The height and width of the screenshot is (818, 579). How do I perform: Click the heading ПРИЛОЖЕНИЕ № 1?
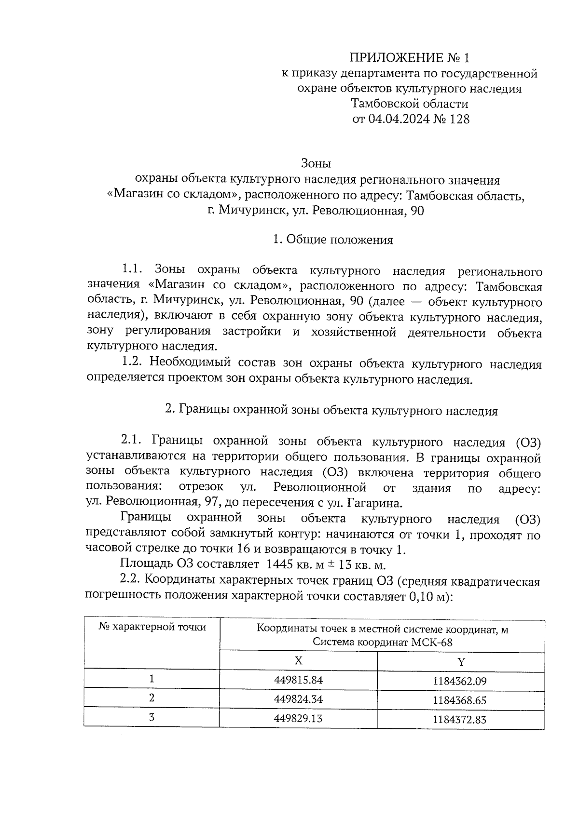point(409,58)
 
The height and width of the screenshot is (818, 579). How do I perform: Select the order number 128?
point(459,119)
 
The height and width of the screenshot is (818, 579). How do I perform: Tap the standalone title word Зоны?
point(316,163)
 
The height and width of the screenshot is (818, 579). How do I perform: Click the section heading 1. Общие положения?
point(332,240)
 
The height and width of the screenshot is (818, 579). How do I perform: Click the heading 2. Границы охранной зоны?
point(331,411)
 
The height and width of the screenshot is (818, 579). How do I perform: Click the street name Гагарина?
point(374,504)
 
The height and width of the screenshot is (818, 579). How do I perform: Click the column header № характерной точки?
point(152,627)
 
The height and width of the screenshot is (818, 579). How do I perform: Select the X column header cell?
point(299,660)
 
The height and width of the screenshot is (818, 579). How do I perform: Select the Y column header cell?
point(461,662)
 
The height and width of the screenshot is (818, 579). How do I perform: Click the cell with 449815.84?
point(298,680)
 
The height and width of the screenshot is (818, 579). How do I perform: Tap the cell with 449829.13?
point(298,718)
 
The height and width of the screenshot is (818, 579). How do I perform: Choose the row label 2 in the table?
point(152,698)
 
